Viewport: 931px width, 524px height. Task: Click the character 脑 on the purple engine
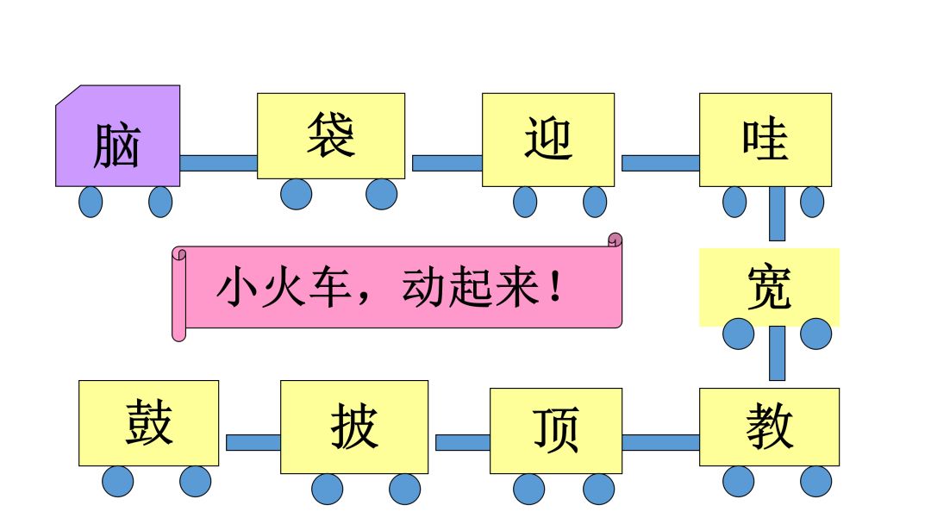116,146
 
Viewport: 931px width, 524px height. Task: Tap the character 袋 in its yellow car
330,135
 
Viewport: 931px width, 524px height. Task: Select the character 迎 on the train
548,139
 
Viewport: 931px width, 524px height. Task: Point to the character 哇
765,139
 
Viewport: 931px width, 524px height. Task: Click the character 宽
768,286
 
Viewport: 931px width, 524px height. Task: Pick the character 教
769,426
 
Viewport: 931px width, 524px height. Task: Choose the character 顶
556,430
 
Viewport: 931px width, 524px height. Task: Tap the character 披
354,426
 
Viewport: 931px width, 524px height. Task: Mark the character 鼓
148,422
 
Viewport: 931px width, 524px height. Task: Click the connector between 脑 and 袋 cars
218,163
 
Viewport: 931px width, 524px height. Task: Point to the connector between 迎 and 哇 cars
660,163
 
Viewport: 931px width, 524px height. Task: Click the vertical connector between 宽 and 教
777,353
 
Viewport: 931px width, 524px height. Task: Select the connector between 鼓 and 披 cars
253,442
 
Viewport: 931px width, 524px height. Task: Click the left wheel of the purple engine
91,202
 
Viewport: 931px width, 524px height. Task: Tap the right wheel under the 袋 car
381,194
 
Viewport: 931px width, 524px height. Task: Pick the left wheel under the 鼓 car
118,481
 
